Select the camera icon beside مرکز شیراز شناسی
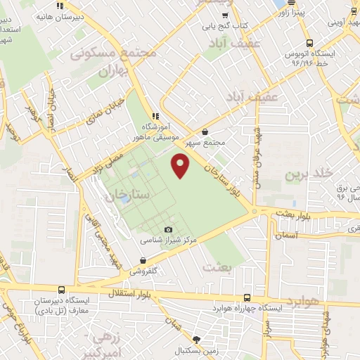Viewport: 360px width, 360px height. (167, 230)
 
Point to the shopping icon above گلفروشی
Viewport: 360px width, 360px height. (143, 260)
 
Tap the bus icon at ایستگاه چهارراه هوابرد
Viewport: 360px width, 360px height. (246, 297)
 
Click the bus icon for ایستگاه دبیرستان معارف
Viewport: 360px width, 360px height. (62, 290)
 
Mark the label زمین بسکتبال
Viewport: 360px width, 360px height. (198, 349)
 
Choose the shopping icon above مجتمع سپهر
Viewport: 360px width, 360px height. (205, 131)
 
